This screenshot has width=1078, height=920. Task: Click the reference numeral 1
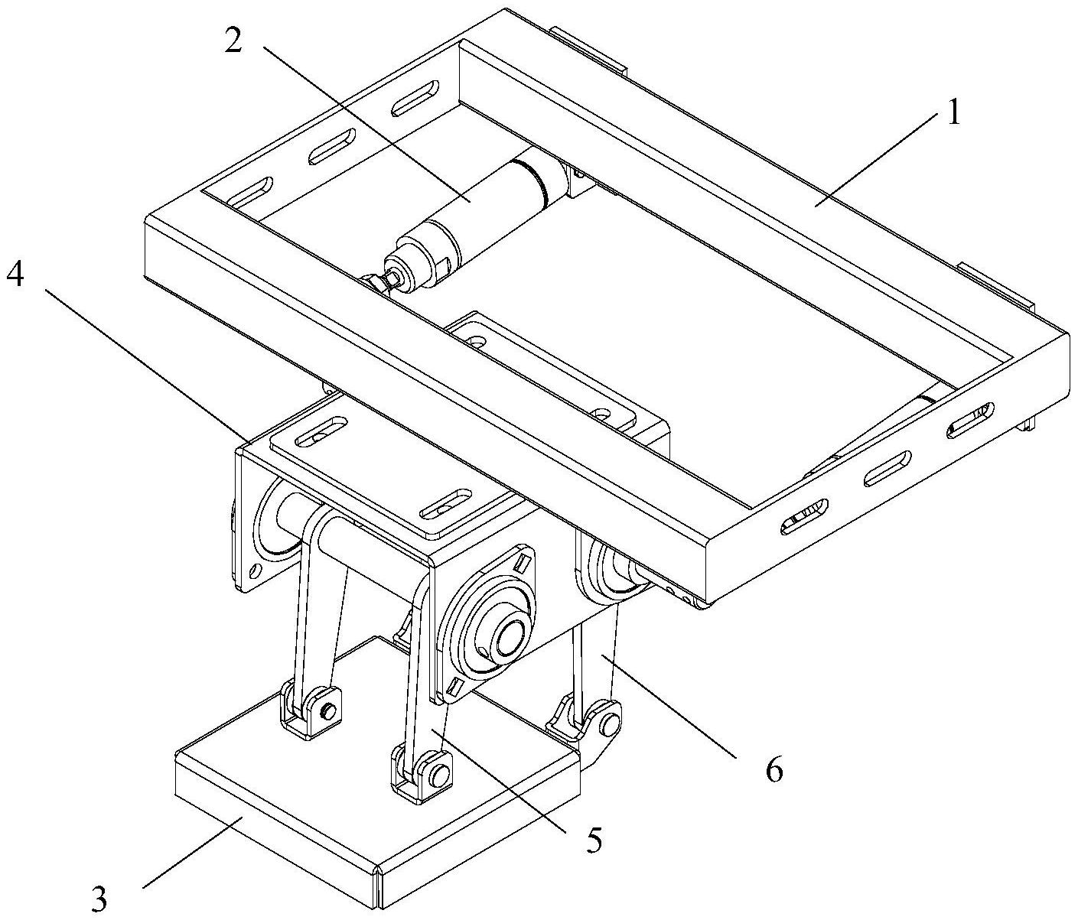point(953,113)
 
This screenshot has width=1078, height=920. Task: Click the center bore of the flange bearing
point(509,639)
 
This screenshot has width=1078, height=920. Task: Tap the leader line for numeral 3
point(193,853)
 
